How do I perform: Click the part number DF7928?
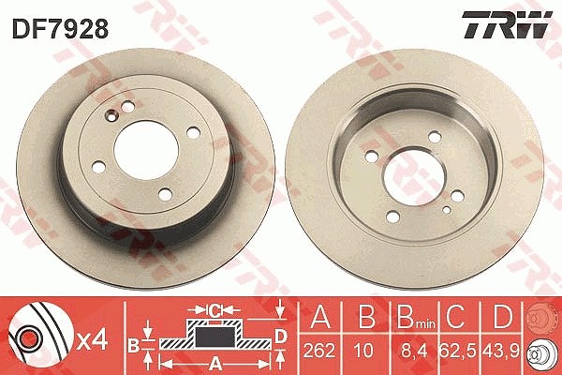(60, 28)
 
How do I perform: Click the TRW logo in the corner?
(507, 24)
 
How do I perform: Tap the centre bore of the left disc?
(146, 151)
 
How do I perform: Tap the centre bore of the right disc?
(414, 177)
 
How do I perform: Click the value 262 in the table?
(319, 351)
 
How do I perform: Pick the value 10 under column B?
(362, 351)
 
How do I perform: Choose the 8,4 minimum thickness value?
(414, 352)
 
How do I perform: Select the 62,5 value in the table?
(458, 352)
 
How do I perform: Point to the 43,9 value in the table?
(501, 352)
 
